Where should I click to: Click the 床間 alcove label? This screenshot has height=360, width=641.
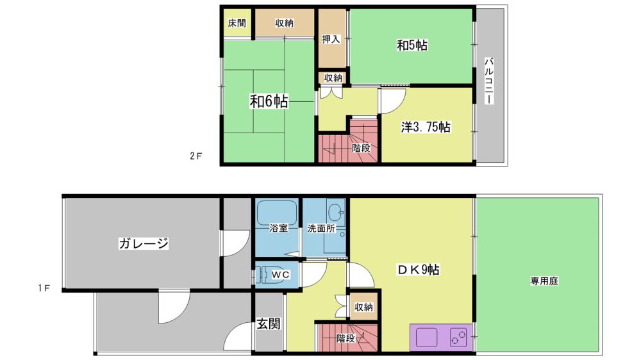237,23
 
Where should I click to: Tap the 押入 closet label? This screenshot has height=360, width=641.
331,39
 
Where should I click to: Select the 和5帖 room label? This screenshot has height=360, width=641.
412,45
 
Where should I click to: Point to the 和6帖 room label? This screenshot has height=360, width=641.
269,101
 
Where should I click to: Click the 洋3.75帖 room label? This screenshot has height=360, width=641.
426,127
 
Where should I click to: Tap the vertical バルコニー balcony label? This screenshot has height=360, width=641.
489,81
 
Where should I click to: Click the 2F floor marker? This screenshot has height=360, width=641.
196,156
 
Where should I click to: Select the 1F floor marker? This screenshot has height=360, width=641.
44,288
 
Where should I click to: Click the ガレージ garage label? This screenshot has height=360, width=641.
144,243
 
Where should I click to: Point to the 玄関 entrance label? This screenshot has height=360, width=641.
269,324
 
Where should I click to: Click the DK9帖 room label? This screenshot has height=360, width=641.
418,270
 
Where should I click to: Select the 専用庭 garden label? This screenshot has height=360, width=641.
544,281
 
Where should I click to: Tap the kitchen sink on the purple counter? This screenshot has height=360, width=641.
427,338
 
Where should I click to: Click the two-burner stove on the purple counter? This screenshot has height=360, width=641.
458,338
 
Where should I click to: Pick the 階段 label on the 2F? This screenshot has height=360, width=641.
361,148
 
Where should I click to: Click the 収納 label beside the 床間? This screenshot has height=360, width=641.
284,23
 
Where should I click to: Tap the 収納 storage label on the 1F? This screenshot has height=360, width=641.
363,307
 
